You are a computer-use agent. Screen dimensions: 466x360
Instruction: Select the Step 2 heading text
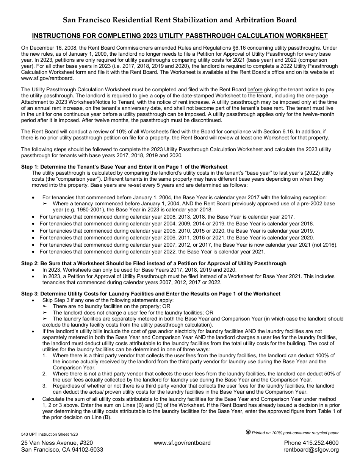[x=154, y=263]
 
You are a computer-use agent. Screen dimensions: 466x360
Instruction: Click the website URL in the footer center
[x=182, y=443]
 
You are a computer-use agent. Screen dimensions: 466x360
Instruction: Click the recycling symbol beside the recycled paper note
[x=248, y=432]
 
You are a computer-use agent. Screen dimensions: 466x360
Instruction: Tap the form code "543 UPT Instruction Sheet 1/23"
[x=52, y=434]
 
